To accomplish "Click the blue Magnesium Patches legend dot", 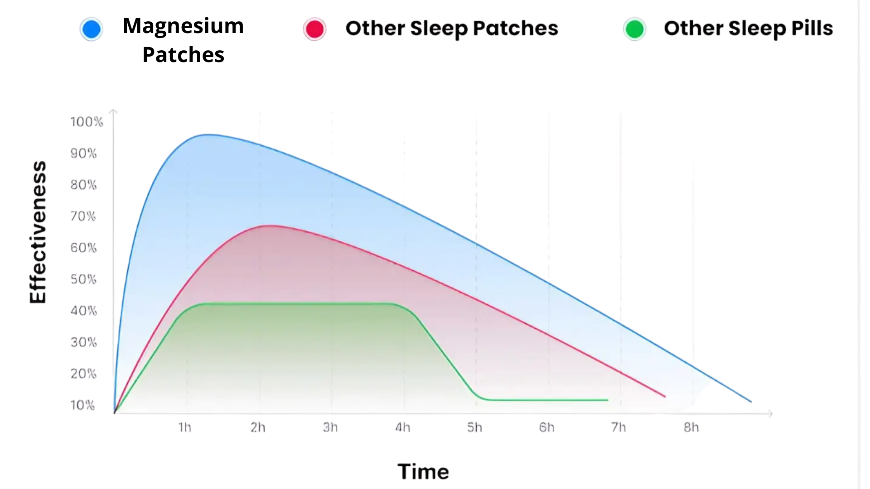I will (x=91, y=29).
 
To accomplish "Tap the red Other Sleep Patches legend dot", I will (x=314, y=29).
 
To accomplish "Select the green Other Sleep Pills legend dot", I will (x=634, y=29).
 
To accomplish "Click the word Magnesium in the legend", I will (x=183, y=26).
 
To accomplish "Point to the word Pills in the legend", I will (x=812, y=28).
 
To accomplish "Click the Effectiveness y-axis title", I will (x=38, y=232).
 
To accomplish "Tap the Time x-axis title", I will (x=423, y=471).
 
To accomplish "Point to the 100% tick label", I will (x=87, y=122).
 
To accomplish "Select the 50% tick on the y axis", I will (x=83, y=279).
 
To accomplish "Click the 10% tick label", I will (x=82, y=405).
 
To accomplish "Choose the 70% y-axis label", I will (x=83, y=216).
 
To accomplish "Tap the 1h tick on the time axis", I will (x=185, y=427).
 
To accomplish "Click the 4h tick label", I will (x=402, y=427).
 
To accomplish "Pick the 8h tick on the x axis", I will (x=691, y=427).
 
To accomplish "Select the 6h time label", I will (x=546, y=427).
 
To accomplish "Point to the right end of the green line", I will (x=607, y=400).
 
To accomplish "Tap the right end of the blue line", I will (x=751, y=401).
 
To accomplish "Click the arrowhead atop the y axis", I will (x=113, y=110).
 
